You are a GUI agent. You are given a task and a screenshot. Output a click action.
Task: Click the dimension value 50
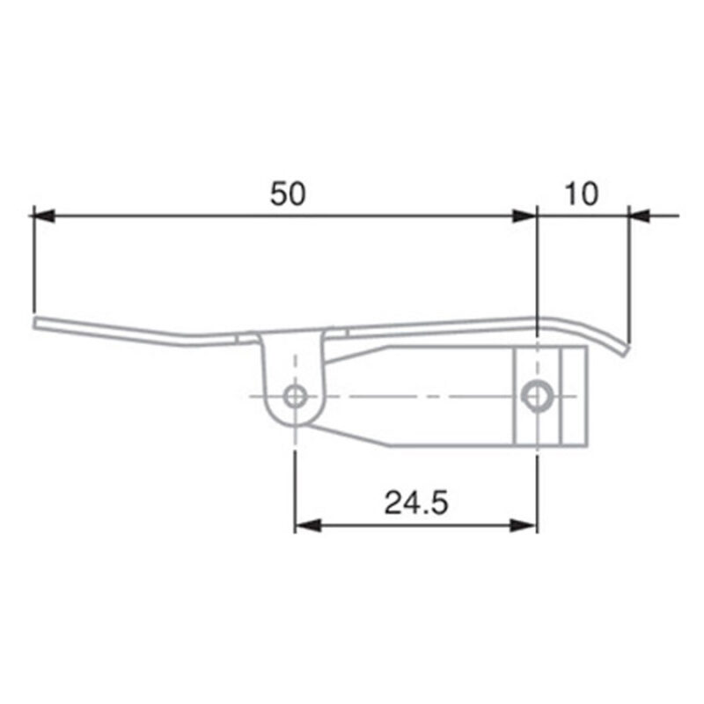[x=288, y=194]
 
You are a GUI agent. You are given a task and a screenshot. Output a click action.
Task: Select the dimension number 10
[x=581, y=194]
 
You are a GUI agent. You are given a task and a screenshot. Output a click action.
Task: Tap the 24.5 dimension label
[x=416, y=503]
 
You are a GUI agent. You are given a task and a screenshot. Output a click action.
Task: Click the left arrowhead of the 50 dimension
[x=42, y=215]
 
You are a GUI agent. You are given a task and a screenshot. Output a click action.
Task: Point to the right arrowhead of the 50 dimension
[x=525, y=215]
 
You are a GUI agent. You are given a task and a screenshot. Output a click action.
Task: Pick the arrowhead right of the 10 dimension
[x=640, y=215]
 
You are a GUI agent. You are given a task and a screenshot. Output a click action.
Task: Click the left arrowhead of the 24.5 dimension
[x=306, y=525]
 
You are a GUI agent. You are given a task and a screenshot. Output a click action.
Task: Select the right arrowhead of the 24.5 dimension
[x=524, y=525]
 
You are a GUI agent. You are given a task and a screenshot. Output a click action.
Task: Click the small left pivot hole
[x=296, y=396]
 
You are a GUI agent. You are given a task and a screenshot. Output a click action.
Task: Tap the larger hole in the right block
[x=535, y=396]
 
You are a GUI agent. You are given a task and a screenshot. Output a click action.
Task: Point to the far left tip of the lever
[x=37, y=323]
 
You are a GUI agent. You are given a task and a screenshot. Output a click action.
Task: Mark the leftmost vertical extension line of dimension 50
[x=33, y=264]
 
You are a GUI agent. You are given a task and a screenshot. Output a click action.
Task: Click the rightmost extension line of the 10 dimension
[x=630, y=273]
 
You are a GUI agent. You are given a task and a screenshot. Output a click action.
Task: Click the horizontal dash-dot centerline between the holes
[x=414, y=396]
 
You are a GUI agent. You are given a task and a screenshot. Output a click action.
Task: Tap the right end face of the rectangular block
[x=586, y=396]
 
